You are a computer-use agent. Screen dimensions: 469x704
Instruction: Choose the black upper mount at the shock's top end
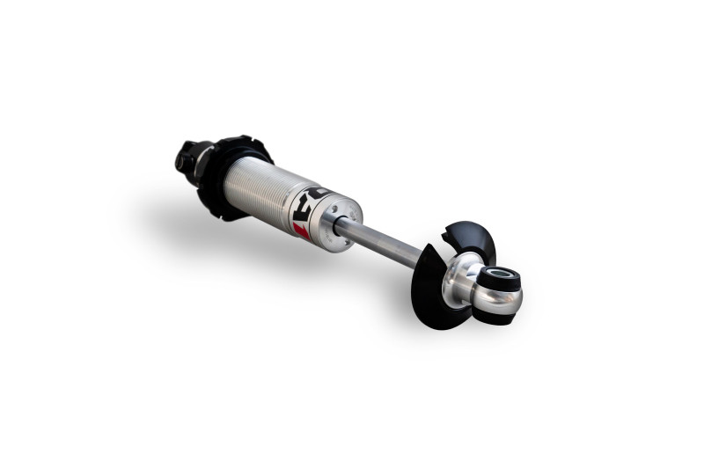click(188, 158)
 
